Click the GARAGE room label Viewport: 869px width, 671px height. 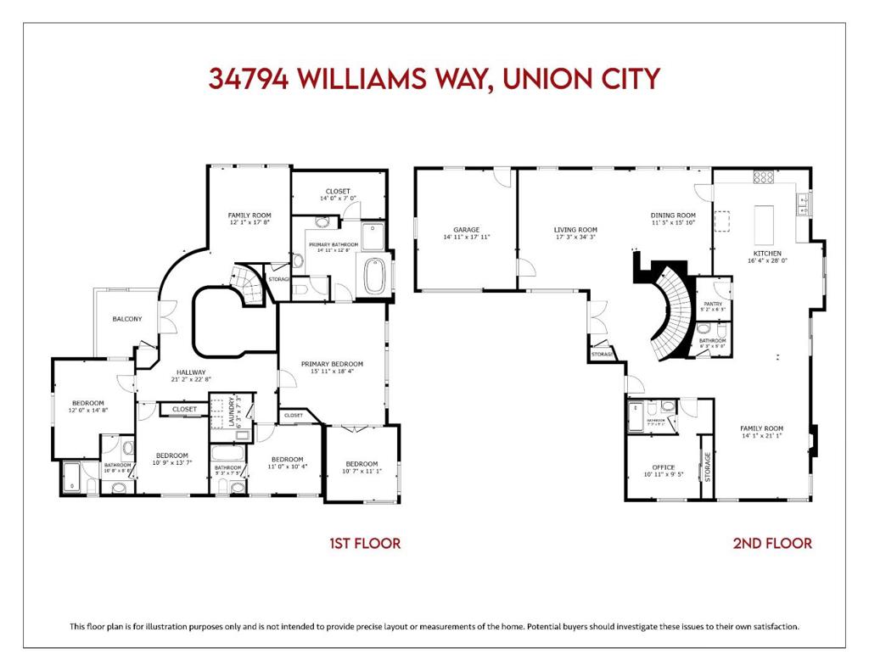coord(466,229)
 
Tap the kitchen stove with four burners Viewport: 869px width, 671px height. coord(764,177)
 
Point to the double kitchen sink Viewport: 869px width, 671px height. coord(801,202)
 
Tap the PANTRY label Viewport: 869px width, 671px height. coord(713,304)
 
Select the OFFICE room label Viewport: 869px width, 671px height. coord(663,467)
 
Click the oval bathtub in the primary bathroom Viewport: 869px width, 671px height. coord(374,277)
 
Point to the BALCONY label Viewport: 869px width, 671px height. coord(127,319)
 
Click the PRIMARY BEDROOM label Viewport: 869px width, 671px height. coord(332,363)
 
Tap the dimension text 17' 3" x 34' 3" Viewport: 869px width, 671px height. coord(575,238)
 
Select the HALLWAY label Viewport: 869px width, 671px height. coord(191,372)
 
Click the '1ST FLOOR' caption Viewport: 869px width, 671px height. coord(365,543)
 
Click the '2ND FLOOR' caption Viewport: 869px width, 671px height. coord(772,543)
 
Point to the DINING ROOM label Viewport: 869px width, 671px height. coord(673,215)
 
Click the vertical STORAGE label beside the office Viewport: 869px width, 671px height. coord(707,467)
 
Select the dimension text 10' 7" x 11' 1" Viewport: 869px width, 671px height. coord(362,472)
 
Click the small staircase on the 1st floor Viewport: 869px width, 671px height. coord(246,284)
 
